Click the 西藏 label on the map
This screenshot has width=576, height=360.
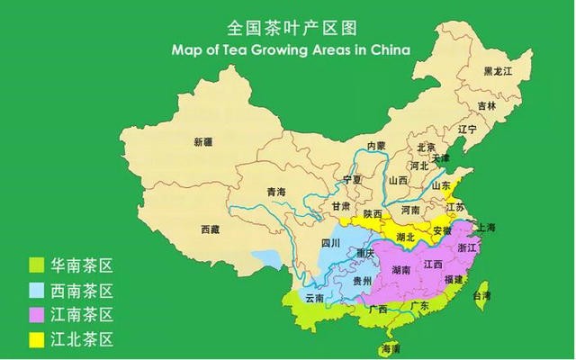tap(210, 230)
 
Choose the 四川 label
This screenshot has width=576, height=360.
tap(330, 243)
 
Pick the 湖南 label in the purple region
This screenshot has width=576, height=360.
tap(401, 270)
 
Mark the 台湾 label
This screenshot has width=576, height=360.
tap(482, 295)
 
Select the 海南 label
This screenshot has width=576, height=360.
tap(391, 347)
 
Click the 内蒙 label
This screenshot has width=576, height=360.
tap(374, 146)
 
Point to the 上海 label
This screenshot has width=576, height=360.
tap(486, 227)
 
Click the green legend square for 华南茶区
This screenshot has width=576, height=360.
tap(36, 265)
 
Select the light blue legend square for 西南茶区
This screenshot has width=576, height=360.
tap(36, 291)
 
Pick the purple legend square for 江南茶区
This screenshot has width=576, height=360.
tap(36, 315)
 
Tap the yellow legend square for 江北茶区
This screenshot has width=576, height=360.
tap(36, 339)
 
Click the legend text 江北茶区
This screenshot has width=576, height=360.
tap(84, 339)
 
